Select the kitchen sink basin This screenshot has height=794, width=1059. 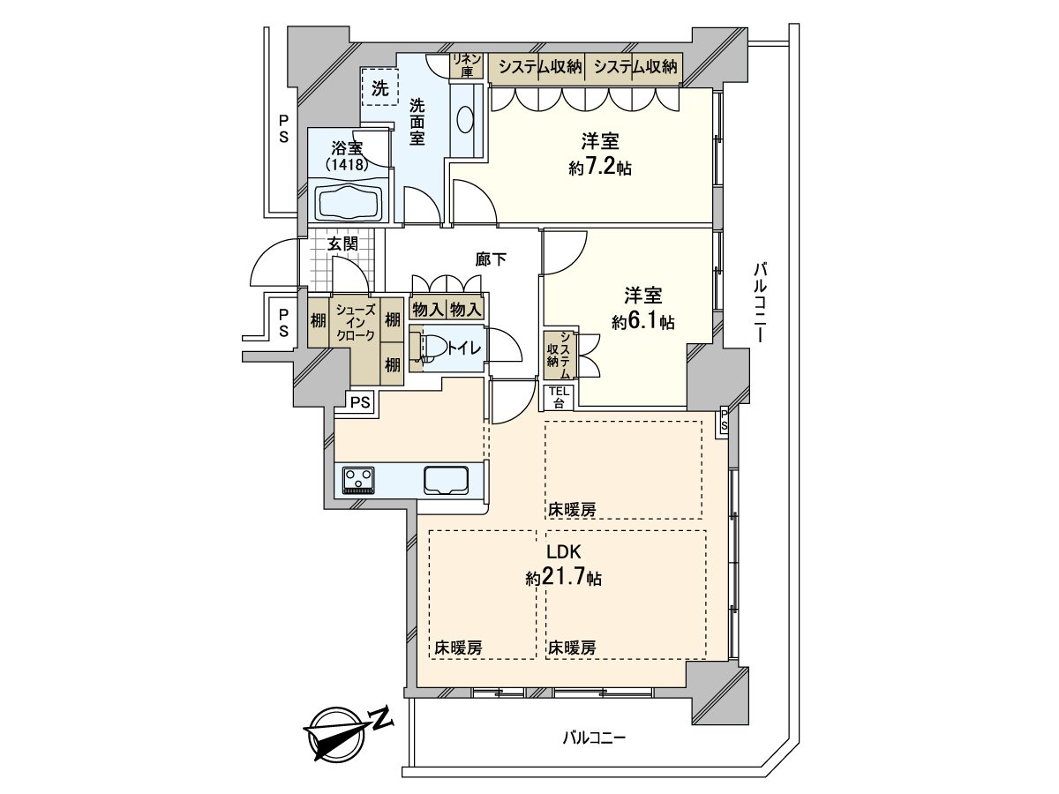(446, 480)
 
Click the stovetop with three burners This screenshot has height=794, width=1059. (358, 479)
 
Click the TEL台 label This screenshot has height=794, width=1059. (559, 398)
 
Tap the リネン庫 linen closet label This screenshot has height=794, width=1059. (466, 65)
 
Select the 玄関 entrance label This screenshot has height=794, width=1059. (342, 244)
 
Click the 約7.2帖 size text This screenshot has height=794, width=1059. (600, 168)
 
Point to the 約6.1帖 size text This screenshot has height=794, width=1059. (643, 321)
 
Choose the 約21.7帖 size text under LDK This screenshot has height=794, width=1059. (564, 578)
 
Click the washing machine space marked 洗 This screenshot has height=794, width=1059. (379, 87)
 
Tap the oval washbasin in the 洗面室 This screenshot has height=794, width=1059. (465, 120)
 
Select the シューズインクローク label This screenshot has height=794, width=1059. (355, 323)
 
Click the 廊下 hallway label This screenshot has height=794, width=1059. (491, 260)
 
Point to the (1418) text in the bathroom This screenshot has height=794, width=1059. (347, 165)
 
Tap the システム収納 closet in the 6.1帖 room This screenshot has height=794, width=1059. (559, 356)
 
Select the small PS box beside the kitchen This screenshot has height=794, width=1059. (360, 401)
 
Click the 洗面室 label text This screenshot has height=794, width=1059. (417, 122)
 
